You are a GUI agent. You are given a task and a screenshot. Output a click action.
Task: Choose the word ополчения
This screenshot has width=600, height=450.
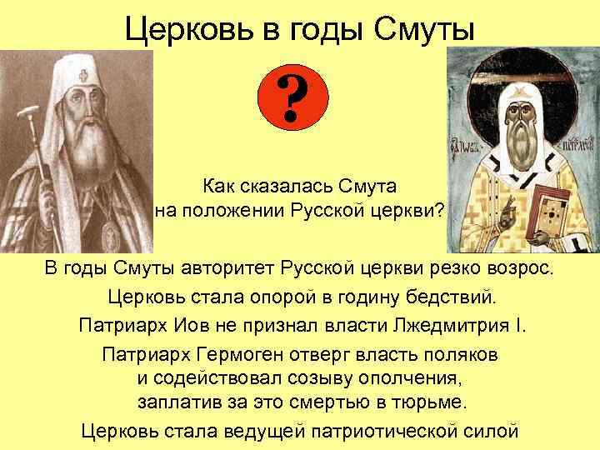(x=407, y=377)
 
